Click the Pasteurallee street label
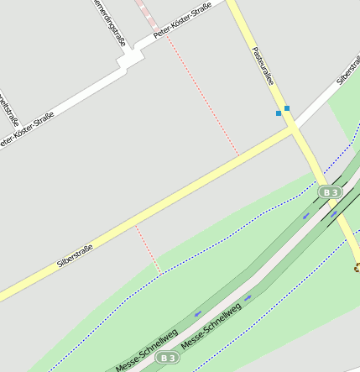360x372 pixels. pyautogui.click(x=263, y=65)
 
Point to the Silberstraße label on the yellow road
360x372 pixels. pyautogui.click(x=75, y=254)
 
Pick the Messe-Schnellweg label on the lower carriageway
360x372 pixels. pyautogui.click(x=211, y=327)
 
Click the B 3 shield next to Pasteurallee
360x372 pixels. pyautogui.click(x=330, y=192)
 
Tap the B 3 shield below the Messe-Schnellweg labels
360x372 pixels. pyautogui.click(x=168, y=358)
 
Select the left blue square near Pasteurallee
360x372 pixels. pyautogui.click(x=279, y=113)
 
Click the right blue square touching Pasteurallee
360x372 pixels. pyautogui.click(x=287, y=107)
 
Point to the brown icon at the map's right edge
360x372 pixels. pyautogui.click(x=357, y=268)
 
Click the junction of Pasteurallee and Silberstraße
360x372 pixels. pyautogui.click(x=293, y=129)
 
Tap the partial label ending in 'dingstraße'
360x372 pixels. pyautogui.click(x=111, y=20)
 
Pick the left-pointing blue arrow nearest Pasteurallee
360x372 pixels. pyautogui.click(x=305, y=217)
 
